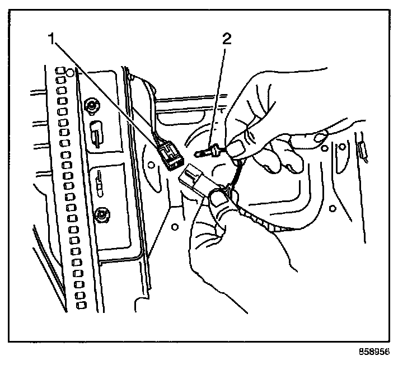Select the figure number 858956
coord(374,353)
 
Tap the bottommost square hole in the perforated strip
coord(82,305)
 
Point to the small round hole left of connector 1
coord(150,165)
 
